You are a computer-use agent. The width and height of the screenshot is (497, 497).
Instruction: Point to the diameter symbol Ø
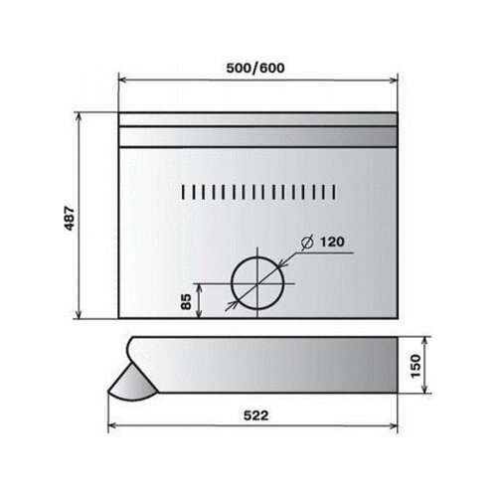pyautogui.click(x=306, y=242)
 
